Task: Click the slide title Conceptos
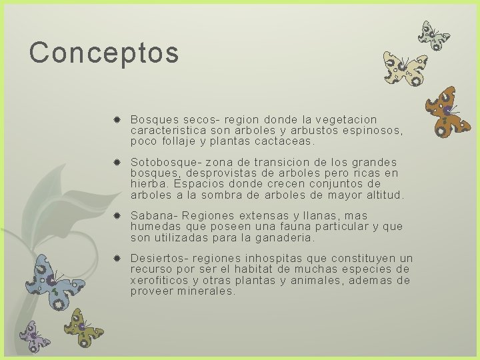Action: click(104, 53)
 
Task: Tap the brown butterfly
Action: click(448, 111)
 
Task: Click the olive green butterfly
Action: click(83, 327)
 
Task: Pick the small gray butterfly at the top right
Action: click(434, 35)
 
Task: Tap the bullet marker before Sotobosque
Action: click(117, 163)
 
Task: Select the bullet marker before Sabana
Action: click(117, 216)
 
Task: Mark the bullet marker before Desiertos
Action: click(117, 259)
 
